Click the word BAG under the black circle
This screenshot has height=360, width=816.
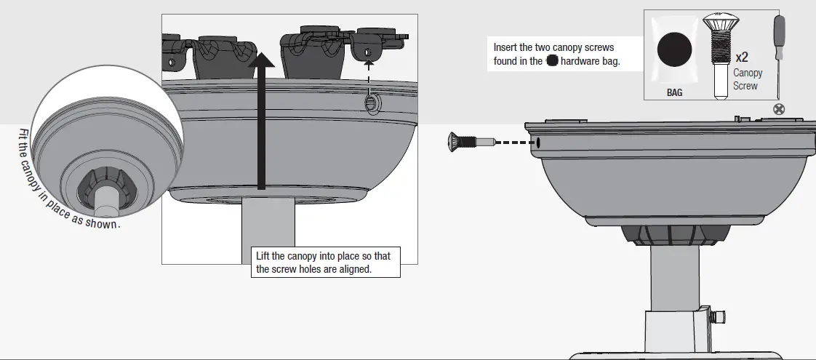(x=674, y=93)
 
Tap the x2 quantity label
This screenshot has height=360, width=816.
(x=742, y=57)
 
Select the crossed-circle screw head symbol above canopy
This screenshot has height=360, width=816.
(x=779, y=110)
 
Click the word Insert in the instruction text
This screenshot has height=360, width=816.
(x=506, y=47)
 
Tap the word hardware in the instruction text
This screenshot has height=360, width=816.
(x=580, y=62)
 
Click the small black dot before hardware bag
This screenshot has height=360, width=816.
(x=552, y=62)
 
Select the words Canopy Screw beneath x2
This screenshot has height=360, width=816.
(x=747, y=79)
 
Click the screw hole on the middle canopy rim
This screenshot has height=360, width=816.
(x=371, y=103)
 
